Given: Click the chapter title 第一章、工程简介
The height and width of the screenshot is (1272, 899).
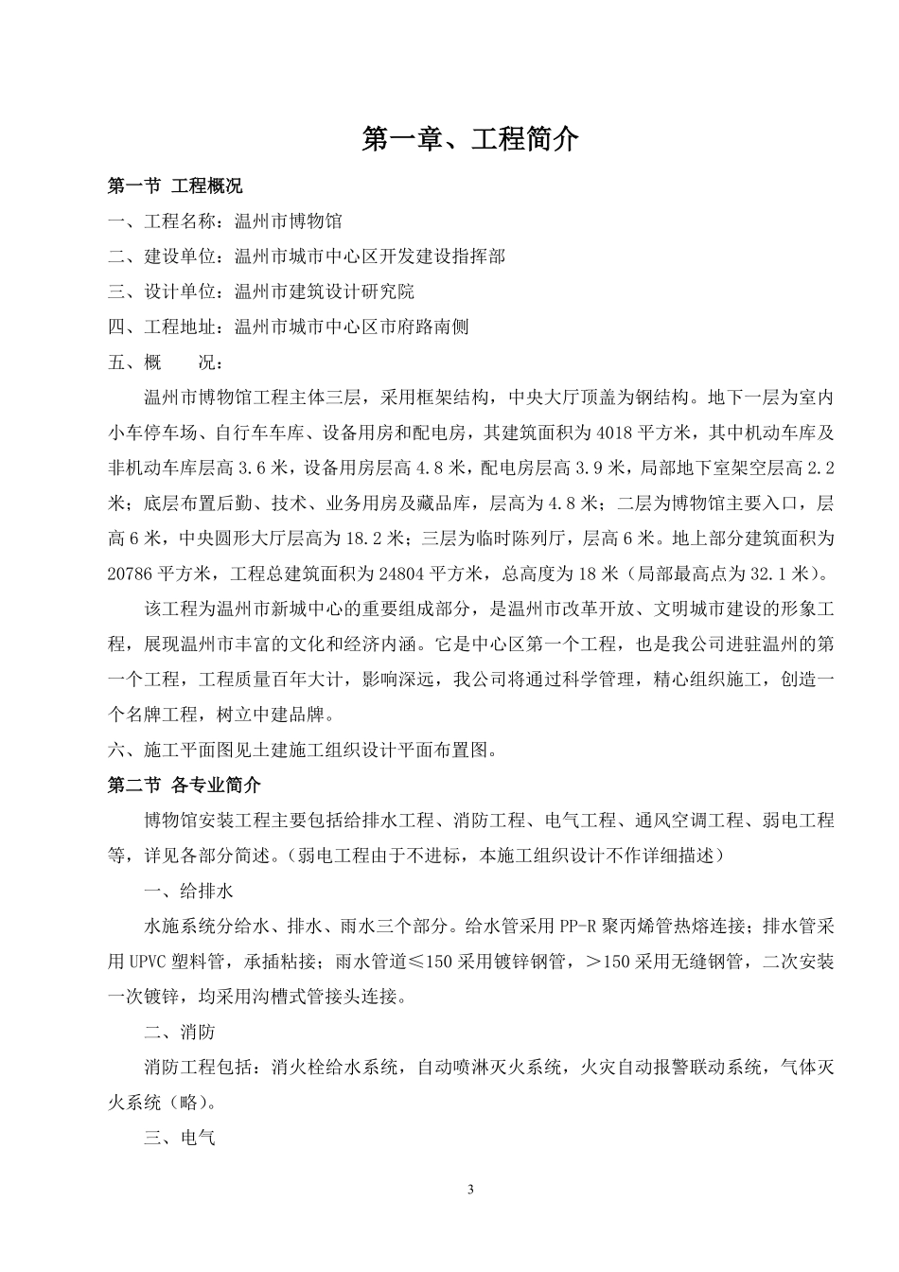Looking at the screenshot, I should pos(470,139).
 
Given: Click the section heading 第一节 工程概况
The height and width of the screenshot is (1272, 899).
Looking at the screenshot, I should pos(175,185).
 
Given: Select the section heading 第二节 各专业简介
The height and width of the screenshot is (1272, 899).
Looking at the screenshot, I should pos(185,785).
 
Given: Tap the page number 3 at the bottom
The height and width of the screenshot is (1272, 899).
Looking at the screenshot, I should pos(470,1190).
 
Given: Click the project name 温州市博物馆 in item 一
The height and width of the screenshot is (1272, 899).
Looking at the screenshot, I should pos(289,221).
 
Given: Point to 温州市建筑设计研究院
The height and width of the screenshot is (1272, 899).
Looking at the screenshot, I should pos(325,291).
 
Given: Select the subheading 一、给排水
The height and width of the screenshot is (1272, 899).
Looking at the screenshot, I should pos(188,892).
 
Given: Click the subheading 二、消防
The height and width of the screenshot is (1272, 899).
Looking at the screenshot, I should pos(180,1032).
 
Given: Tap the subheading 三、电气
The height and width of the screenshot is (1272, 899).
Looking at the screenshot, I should pos(180,1137).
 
